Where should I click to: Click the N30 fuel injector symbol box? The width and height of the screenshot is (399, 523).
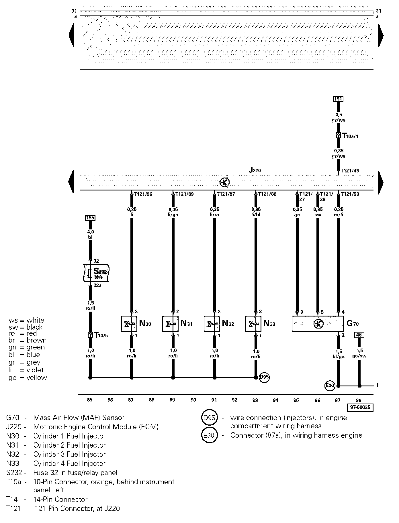(x=129, y=324)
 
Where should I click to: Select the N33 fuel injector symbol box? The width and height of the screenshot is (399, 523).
(x=253, y=324)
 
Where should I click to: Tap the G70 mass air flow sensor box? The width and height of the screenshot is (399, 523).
(x=318, y=324)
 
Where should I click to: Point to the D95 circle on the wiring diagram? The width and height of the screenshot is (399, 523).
(x=264, y=377)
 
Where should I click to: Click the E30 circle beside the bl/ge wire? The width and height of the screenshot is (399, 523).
(x=330, y=386)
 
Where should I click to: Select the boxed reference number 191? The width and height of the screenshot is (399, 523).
(x=338, y=99)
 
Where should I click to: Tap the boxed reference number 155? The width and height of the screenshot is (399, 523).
(x=90, y=218)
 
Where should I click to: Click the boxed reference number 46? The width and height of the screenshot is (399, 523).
(x=359, y=335)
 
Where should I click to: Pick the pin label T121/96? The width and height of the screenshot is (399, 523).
(x=143, y=194)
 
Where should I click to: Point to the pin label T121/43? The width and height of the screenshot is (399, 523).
(x=350, y=171)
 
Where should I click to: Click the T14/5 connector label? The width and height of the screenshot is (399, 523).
(x=101, y=335)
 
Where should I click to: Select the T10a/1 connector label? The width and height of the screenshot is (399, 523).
(x=350, y=136)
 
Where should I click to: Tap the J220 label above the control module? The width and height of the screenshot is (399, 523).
(x=255, y=170)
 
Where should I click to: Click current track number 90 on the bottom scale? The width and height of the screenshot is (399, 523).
(x=193, y=400)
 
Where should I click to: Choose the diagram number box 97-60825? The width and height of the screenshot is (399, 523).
(x=360, y=407)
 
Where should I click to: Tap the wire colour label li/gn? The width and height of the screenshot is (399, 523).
(x=173, y=215)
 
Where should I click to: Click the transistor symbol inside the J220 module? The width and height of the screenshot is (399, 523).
(x=224, y=182)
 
